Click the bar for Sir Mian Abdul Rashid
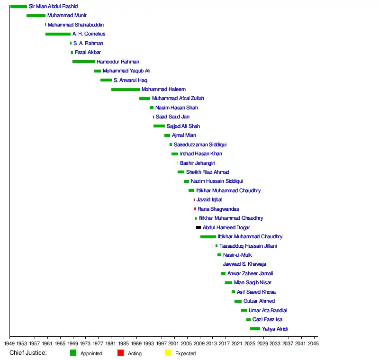click(x=18, y=7)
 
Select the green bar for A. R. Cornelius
click(x=58, y=34)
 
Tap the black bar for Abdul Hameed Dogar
click(x=199, y=228)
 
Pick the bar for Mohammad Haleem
click(x=126, y=90)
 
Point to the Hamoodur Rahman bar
click(x=83, y=62)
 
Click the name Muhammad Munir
click(x=67, y=16)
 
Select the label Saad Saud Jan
click(x=172, y=117)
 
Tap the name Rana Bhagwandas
click(x=218, y=209)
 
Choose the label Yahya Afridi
click(x=275, y=329)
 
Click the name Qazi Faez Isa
click(x=267, y=320)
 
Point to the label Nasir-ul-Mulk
click(x=237, y=255)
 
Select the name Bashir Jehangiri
click(x=198, y=163)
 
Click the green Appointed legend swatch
click(x=73, y=353)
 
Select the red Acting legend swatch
click(x=120, y=353)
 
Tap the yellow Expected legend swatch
click(x=168, y=353)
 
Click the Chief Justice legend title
click(x=28, y=353)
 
